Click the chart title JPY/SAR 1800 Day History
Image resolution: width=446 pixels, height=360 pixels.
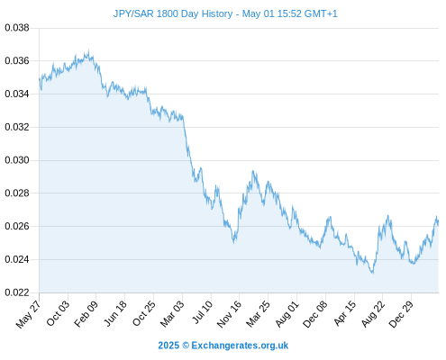click(173, 13)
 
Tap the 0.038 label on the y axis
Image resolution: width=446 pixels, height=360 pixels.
click(17, 28)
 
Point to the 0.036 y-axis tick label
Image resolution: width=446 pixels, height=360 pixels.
click(17, 61)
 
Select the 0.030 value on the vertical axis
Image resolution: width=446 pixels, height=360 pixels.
click(17, 160)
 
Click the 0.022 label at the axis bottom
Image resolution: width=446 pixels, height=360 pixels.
click(17, 292)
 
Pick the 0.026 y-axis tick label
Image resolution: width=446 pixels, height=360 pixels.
click(17, 226)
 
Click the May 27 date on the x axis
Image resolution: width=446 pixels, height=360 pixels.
click(29, 314)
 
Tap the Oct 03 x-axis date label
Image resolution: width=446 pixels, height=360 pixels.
click(58, 313)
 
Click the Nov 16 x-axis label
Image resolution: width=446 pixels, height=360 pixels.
click(229, 314)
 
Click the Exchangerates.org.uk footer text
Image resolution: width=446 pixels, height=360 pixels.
click(240, 346)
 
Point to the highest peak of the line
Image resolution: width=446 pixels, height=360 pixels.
click(88, 50)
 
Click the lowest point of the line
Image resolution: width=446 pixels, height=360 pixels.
click(373, 273)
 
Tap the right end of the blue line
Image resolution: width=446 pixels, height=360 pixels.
click(438, 222)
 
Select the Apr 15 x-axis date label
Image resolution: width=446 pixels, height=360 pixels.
click(345, 313)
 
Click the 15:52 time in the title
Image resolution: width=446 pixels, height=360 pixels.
click(289, 13)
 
